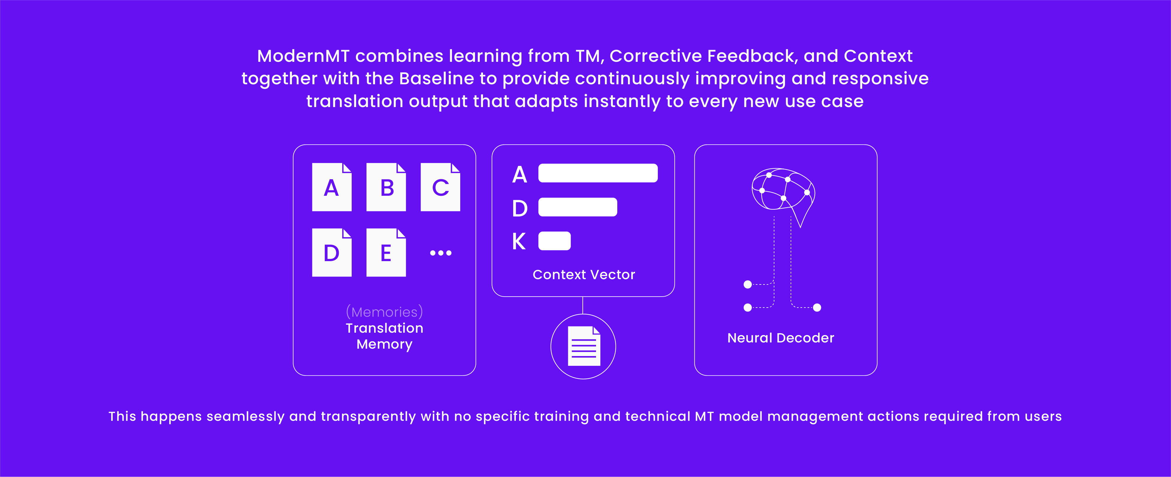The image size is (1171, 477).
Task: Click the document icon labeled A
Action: [331, 187]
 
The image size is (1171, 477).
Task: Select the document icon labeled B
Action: [386, 187]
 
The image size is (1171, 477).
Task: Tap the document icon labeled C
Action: [440, 187]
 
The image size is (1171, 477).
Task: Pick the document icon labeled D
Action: [331, 253]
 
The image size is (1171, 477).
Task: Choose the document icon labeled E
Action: [386, 253]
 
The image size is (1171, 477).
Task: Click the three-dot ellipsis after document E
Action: [440, 253]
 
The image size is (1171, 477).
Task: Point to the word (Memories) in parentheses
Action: [384, 312]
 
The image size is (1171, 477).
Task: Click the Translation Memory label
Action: [384, 336]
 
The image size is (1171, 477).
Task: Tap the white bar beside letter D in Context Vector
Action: [577, 207]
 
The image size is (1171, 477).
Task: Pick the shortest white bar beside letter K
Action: [554, 241]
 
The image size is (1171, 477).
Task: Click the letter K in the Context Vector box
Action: [519, 241]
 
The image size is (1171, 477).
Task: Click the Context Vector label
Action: [584, 274]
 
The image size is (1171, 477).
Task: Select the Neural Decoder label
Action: [781, 338]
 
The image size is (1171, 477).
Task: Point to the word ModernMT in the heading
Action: [303, 56]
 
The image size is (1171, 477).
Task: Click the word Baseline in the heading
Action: [436, 79]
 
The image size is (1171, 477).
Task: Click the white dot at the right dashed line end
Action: [817, 308]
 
